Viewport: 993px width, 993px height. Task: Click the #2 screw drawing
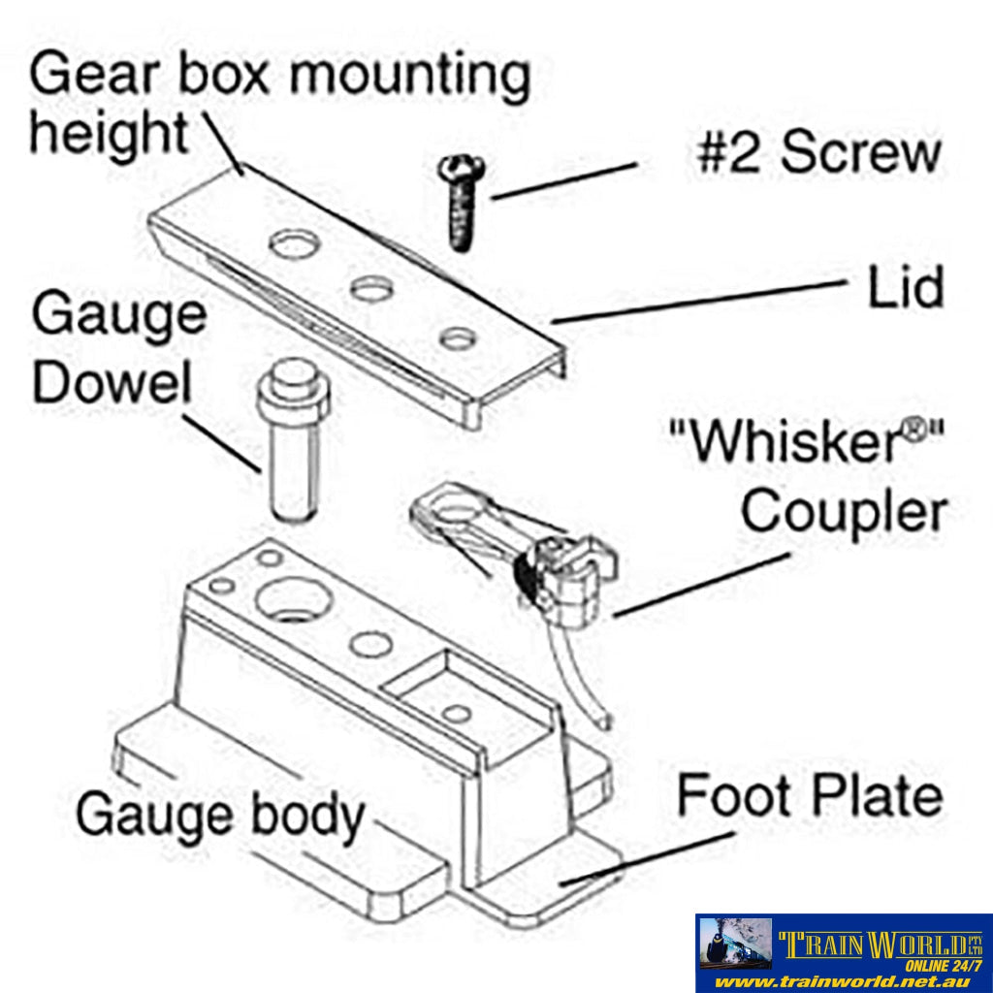coord(457,199)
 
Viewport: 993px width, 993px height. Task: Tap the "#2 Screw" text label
coord(817,153)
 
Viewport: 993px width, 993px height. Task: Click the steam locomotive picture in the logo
coord(735,943)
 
